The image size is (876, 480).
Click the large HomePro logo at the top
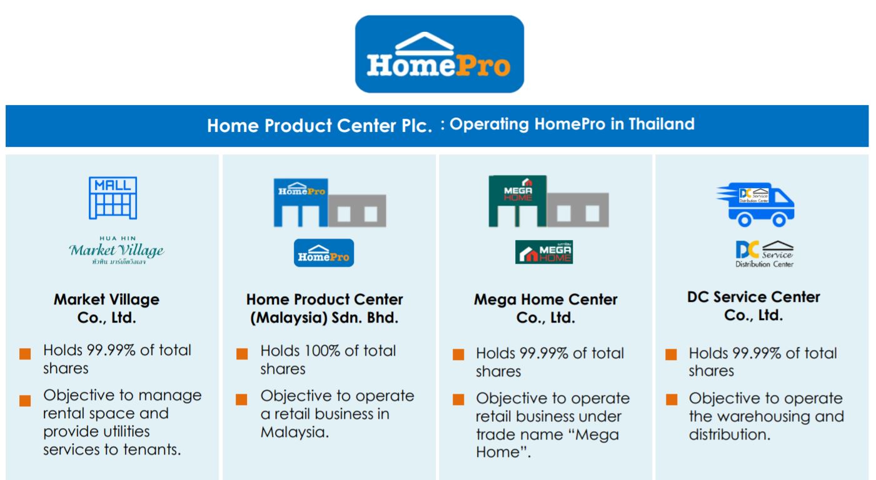pyautogui.click(x=439, y=54)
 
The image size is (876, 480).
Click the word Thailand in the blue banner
pyautogui.click(x=662, y=124)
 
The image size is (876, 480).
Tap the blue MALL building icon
pyautogui.click(x=113, y=197)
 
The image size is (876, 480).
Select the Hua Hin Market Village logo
pyautogui.click(x=116, y=250)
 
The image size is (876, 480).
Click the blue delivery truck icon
pyautogui.click(x=755, y=204)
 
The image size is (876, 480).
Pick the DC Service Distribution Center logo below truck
pyautogui.click(x=764, y=254)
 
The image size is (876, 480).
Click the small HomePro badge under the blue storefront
pyautogui.click(x=324, y=253)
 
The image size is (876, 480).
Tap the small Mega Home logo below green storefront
pyautogui.click(x=544, y=252)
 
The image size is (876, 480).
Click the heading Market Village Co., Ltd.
pyautogui.click(x=107, y=308)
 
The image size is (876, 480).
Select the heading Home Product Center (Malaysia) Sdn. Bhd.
pyautogui.click(x=324, y=308)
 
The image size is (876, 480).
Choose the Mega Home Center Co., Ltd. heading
pyautogui.click(x=545, y=308)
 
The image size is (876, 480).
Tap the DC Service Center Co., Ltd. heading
pyautogui.click(x=753, y=306)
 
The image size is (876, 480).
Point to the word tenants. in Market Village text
pyautogui.click(x=152, y=449)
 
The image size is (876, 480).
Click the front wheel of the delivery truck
pyautogui.click(x=778, y=220)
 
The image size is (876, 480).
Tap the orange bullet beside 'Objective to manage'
pyautogui.click(x=25, y=401)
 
